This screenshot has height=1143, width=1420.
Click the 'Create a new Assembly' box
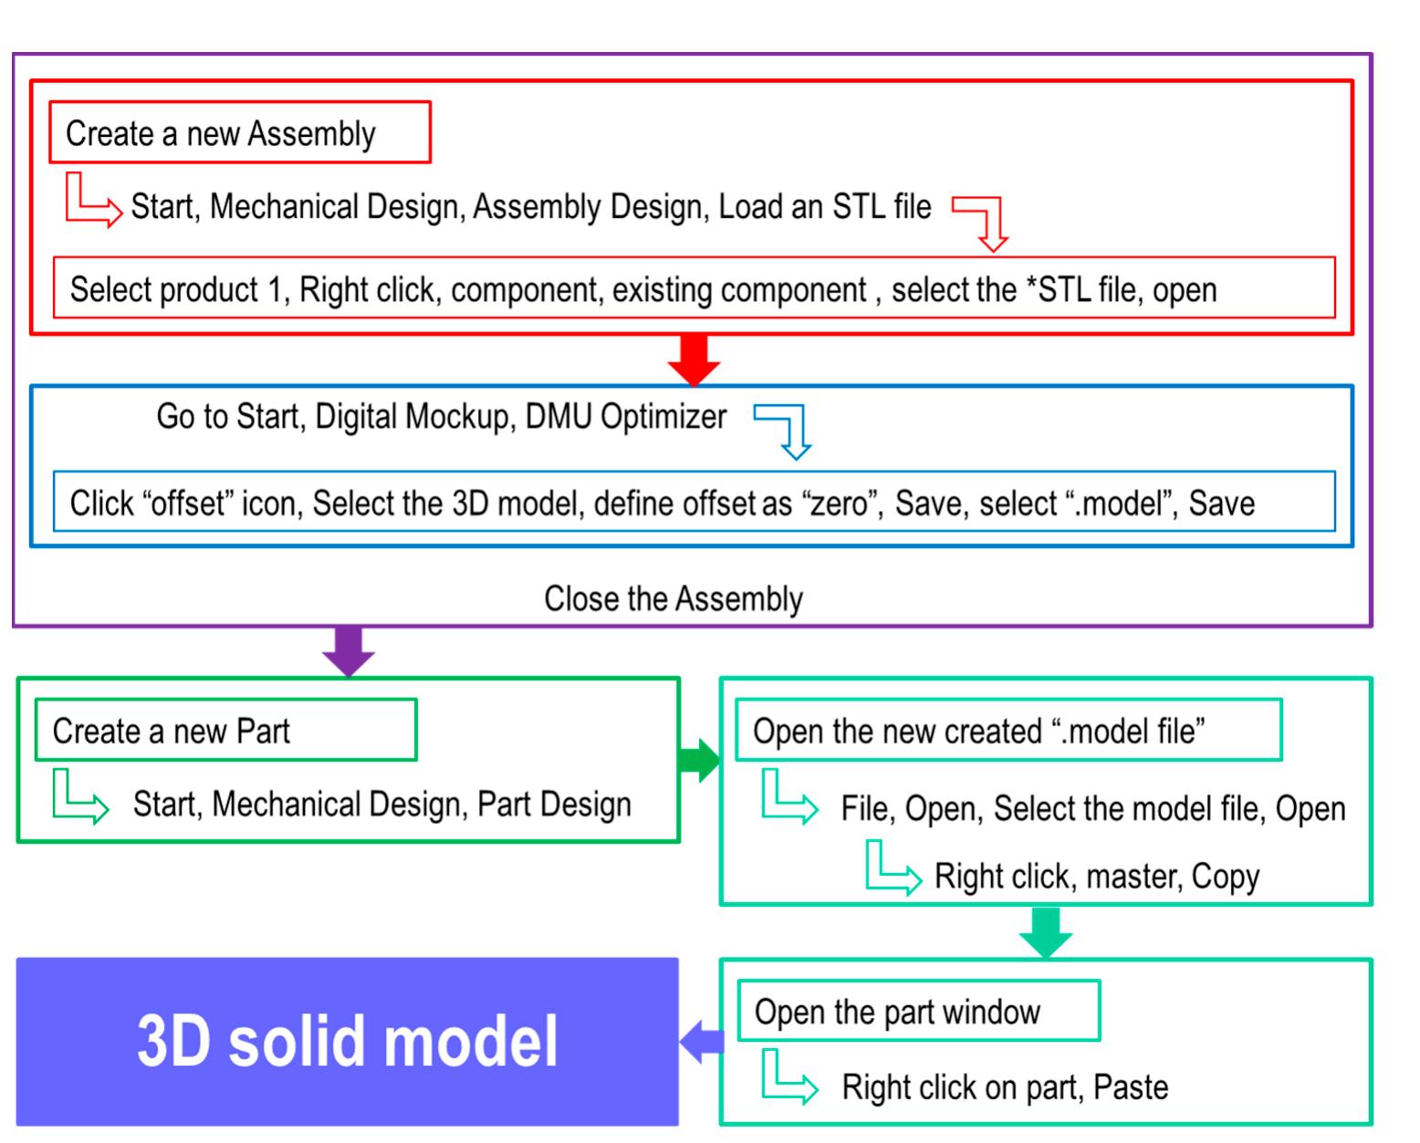coord(239,133)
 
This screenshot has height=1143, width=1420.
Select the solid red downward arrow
coord(694,358)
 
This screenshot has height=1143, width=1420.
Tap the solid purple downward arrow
coord(349,650)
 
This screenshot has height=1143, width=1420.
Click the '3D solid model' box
coord(347,1041)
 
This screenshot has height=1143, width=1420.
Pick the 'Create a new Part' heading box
coord(225,730)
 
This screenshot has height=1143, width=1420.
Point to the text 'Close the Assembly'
coord(673,599)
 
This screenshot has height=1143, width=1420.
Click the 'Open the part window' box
coord(917,1012)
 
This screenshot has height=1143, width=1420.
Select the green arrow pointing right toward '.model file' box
coord(699,760)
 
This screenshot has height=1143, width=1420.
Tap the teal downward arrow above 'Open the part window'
coord(1045,931)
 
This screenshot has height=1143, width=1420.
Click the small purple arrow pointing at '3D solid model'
coord(702,1041)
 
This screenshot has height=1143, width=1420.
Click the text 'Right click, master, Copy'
coord(1096,877)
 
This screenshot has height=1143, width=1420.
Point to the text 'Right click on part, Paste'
coord(1005,1087)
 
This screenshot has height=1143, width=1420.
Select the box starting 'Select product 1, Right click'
coord(694,288)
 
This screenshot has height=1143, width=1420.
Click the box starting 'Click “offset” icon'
coord(694,502)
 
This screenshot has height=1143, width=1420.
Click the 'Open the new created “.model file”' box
coord(1008,730)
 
